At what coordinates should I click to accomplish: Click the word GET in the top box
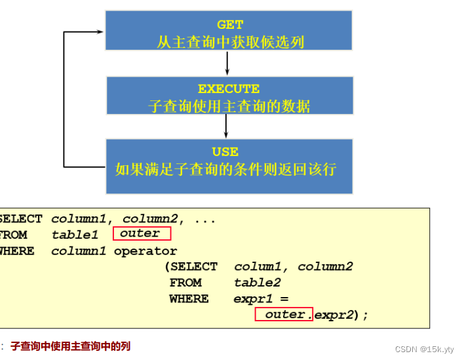click(230, 25)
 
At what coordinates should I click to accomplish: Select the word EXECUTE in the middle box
click(229, 89)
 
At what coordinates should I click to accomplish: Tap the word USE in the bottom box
click(225, 151)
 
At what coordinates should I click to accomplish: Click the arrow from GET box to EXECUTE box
click(227, 63)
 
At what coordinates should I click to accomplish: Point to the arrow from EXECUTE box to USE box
click(226, 125)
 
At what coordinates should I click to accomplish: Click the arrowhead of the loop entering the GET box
click(100, 31)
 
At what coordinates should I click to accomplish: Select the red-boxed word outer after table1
click(141, 233)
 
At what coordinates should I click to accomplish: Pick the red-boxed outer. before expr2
click(284, 315)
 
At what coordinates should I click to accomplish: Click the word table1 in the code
click(75, 235)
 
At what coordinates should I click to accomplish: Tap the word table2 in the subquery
click(257, 283)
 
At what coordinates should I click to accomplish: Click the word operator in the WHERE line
click(145, 251)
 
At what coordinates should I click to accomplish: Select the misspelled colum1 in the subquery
click(260, 267)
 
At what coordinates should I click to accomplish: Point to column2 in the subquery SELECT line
click(325, 267)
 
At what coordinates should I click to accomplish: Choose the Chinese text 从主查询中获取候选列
click(230, 42)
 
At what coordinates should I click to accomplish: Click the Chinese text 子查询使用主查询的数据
click(229, 106)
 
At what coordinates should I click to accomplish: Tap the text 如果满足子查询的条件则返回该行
click(225, 169)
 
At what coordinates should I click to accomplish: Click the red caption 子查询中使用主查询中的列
click(70, 346)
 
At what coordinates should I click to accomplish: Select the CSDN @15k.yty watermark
click(425, 350)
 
